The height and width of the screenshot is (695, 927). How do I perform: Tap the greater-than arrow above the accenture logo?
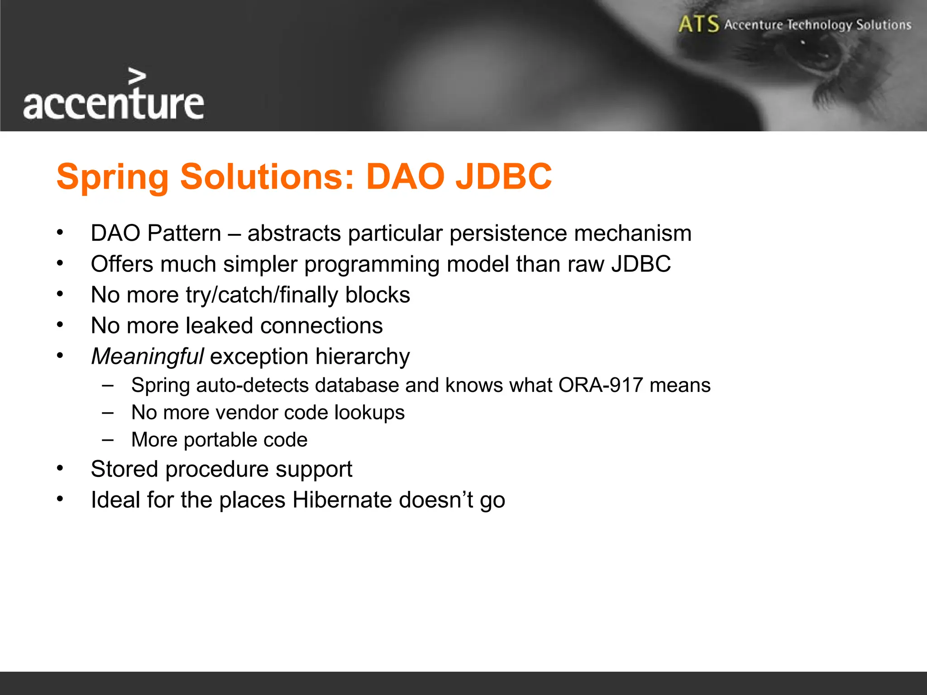point(137,76)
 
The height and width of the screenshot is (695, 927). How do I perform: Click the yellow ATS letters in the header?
point(698,24)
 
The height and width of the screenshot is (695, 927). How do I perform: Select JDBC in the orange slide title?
point(504,176)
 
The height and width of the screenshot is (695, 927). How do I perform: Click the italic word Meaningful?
point(148,357)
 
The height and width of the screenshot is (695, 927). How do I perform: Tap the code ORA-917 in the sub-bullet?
point(600,386)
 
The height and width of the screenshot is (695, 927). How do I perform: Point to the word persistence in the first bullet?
point(508,233)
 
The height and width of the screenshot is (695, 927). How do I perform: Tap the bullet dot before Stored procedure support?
point(60,468)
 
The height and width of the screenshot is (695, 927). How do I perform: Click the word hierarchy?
point(363,357)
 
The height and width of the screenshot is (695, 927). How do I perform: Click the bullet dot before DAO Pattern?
point(60,233)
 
